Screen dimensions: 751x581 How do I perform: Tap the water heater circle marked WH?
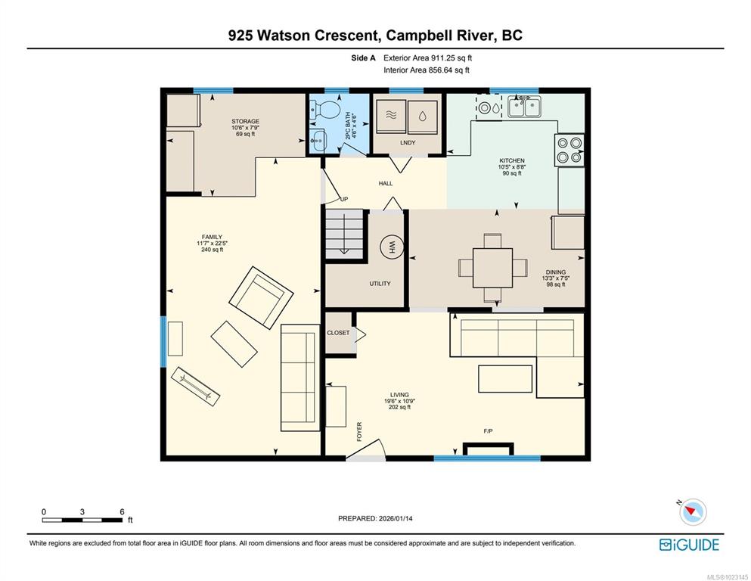(x=391, y=247)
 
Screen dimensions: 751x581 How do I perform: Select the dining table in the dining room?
(x=492, y=268)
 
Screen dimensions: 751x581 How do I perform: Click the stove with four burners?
(x=569, y=150)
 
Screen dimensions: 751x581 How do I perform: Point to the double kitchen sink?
(x=524, y=107)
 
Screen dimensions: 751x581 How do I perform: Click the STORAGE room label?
(x=245, y=122)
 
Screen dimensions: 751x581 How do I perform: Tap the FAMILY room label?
(x=212, y=237)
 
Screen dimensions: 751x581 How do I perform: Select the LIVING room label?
(x=399, y=395)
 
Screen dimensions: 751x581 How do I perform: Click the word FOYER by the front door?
(x=359, y=431)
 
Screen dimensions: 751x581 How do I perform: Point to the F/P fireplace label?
(x=488, y=431)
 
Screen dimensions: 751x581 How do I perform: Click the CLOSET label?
(x=338, y=333)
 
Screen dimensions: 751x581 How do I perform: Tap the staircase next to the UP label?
(x=344, y=234)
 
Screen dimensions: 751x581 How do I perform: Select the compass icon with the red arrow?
(x=692, y=512)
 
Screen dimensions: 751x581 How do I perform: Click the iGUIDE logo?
(x=689, y=545)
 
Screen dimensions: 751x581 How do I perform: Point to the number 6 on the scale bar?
(x=122, y=511)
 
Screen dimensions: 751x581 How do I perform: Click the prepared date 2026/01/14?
(x=396, y=518)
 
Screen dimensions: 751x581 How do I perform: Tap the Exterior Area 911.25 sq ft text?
(x=428, y=58)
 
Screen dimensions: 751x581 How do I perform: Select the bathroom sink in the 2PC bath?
(x=318, y=140)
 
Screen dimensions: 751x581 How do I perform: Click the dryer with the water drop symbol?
(x=423, y=117)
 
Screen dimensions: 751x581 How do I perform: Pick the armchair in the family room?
(x=261, y=298)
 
